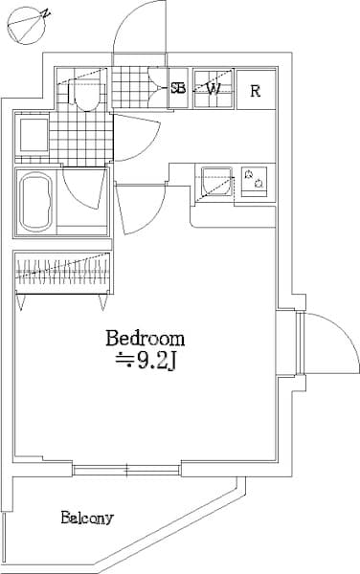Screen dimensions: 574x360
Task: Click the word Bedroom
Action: pyautogui.click(x=145, y=339)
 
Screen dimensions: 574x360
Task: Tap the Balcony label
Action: pyautogui.click(x=87, y=519)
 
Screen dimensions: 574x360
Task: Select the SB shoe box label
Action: pyautogui.click(x=178, y=89)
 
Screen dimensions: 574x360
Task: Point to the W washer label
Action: pyautogui.click(x=214, y=89)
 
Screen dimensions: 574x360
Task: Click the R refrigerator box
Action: pyautogui.click(x=256, y=91)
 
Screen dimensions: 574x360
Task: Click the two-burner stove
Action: pyautogui.click(x=255, y=179)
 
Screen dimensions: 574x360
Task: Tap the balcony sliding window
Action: pyautogui.click(x=126, y=469)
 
